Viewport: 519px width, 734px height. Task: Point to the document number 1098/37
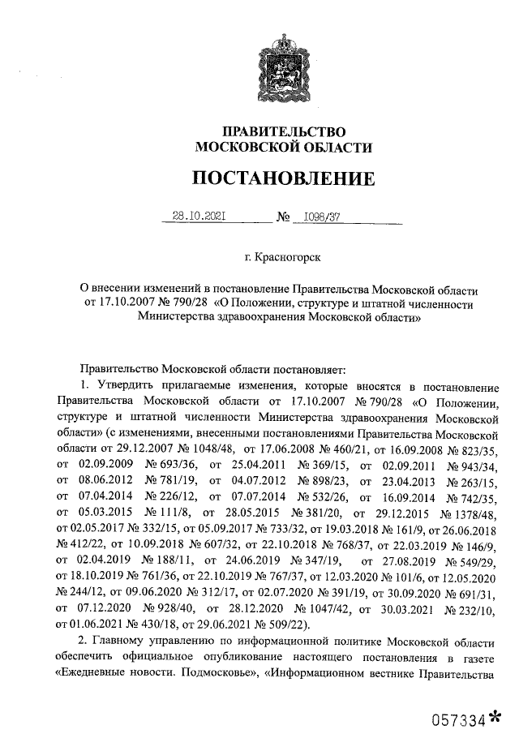tap(321, 217)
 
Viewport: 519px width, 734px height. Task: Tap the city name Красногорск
tap(288, 258)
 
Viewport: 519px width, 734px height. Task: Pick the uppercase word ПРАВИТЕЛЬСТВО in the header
tap(284, 132)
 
